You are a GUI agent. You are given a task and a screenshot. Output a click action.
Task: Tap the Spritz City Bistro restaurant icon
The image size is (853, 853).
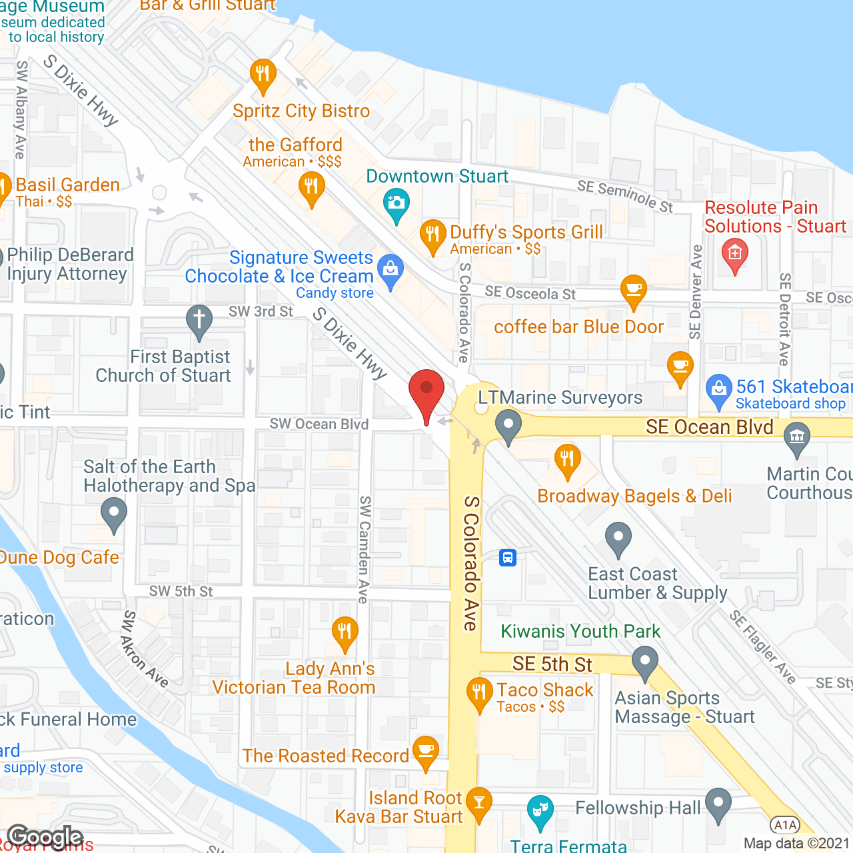(263, 75)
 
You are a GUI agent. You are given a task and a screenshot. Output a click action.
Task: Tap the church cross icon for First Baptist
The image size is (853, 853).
(199, 320)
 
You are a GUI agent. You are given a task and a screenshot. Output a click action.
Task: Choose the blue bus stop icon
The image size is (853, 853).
(508, 557)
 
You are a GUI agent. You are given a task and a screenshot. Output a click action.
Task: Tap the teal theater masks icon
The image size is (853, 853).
(540, 810)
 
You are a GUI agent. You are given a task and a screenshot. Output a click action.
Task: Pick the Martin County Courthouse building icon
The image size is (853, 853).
(797, 438)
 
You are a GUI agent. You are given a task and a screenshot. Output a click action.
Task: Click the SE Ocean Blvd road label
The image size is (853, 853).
(710, 427)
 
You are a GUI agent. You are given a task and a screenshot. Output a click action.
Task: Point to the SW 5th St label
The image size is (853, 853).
(181, 591)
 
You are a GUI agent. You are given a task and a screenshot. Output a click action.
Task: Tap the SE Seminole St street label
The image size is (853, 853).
(625, 195)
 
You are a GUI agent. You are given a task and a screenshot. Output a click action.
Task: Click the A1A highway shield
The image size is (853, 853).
(785, 825)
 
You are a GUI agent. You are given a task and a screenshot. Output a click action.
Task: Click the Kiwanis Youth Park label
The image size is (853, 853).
(580, 631)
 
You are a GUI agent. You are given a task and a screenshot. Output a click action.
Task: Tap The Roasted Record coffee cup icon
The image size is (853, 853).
(426, 750)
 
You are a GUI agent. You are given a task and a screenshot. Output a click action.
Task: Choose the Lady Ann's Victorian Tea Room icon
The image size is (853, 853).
(345, 631)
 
